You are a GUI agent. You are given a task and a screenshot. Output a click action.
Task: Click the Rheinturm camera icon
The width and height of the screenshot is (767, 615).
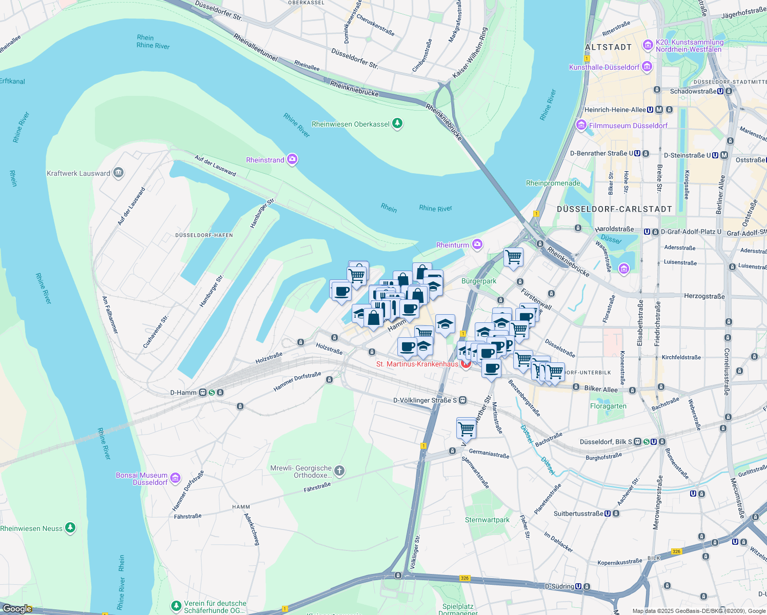(x=477, y=244)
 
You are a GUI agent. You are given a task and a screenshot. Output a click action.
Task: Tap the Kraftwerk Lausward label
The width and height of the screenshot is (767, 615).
(x=78, y=173)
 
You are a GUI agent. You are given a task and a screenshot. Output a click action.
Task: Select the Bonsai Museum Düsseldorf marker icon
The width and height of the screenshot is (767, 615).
(x=175, y=478)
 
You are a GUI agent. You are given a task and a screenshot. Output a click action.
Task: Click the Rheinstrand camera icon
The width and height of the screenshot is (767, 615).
(x=292, y=159)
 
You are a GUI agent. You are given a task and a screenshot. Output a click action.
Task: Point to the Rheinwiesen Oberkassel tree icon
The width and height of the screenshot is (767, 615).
(x=397, y=124)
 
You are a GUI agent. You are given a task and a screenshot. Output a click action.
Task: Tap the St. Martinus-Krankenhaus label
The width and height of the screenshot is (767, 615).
(x=417, y=364)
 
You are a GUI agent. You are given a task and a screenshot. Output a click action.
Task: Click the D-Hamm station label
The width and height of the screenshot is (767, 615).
(x=183, y=393)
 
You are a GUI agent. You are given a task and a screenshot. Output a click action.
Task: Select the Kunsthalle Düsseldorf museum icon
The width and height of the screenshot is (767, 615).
(x=647, y=67)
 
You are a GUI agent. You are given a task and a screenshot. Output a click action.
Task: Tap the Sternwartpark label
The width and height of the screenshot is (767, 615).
(x=487, y=520)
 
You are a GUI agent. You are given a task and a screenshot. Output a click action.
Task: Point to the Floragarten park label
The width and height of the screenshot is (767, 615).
(x=608, y=406)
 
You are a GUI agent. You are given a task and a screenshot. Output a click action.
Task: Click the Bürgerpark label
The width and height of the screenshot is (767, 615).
(x=479, y=281)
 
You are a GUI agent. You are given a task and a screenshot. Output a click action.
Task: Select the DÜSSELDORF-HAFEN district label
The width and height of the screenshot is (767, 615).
(x=204, y=235)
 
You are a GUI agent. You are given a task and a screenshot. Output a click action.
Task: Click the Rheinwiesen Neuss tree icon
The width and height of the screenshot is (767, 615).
(x=71, y=527)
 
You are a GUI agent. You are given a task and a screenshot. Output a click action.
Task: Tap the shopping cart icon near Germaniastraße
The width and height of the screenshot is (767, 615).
(x=466, y=428)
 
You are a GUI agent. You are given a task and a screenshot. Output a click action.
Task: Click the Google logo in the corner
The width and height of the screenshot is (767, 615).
(x=17, y=609)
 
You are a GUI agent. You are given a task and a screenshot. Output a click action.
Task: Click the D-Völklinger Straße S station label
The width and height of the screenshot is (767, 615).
(x=425, y=400)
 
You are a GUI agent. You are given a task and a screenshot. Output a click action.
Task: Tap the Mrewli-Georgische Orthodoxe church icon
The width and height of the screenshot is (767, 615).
(x=339, y=470)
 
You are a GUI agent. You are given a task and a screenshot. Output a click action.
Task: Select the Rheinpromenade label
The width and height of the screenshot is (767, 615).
(x=553, y=183)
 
